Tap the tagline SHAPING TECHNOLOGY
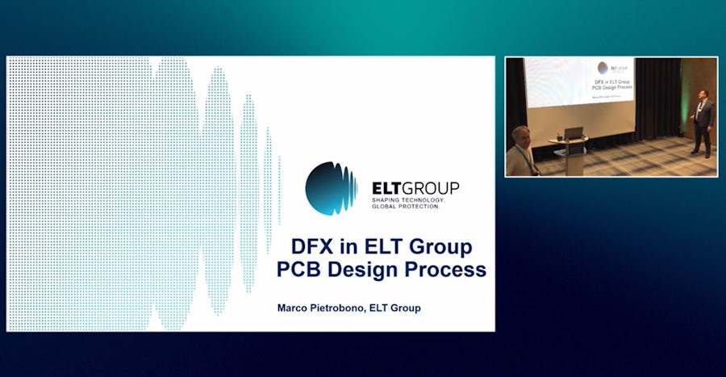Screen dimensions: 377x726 [x=406, y=199]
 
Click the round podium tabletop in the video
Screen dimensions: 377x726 [x=569, y=140]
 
